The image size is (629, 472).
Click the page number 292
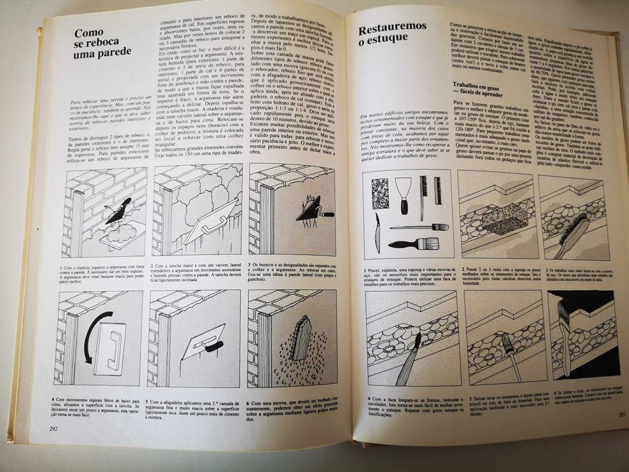click(53, 427)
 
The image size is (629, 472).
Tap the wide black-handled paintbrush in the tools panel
click(409, 243)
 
